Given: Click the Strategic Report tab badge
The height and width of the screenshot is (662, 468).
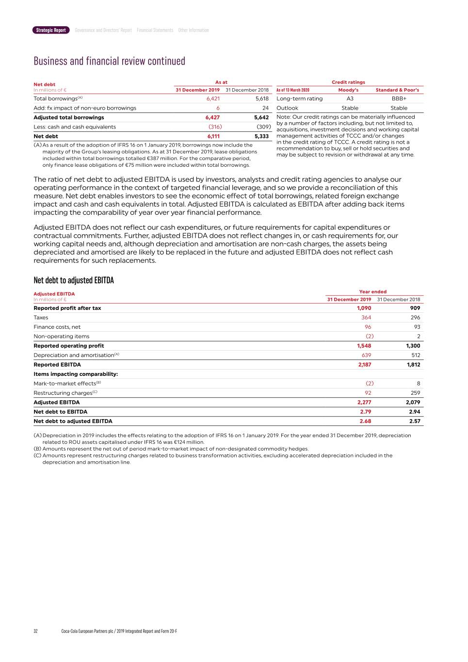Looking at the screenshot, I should [x=51, y=30].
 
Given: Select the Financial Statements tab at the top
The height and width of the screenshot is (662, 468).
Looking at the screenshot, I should [x=155, y=30].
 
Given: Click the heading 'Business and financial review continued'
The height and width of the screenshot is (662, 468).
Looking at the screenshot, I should [x=109, y=61].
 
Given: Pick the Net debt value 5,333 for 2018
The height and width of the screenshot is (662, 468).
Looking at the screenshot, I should [x=261, y=136].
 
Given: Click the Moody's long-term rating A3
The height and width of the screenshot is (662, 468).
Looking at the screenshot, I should [x=350, y=98].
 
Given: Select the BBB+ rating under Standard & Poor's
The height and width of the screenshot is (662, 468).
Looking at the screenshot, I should [x=399, y=98].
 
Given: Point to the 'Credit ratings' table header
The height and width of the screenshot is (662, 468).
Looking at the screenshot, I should [x=348, y=82].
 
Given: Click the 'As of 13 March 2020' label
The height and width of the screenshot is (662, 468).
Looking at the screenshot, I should [x=292, y=90].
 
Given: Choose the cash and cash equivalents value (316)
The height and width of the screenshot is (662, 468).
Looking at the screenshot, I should [x=215, y=127].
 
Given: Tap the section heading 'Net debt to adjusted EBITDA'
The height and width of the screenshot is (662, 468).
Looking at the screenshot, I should [x=74, y=280].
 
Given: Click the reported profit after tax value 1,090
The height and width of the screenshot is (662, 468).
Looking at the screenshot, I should [x=364, y=308].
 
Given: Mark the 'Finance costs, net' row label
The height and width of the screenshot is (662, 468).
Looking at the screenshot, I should [x=57, y=327].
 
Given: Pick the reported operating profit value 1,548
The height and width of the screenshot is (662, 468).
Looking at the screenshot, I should [x=364, y=346].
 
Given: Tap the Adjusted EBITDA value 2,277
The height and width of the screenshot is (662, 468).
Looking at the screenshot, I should [x=364, y=402].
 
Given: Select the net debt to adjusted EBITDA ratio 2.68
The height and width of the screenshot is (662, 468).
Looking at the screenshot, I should [x=365, y=421].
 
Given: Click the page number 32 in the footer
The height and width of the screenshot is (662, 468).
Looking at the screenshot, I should [x=35, y=631].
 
